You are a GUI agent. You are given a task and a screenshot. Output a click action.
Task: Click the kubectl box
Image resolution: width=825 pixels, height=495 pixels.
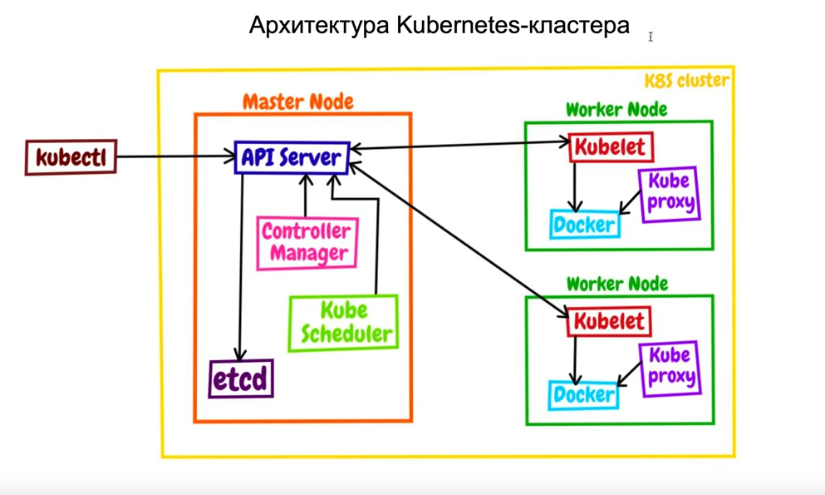[x=71, y=157]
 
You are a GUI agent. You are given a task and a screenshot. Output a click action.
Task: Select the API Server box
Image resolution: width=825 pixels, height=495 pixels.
[x=291, y=157]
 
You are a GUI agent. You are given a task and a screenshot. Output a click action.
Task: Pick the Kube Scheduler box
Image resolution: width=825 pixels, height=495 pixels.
[x=344, y=323]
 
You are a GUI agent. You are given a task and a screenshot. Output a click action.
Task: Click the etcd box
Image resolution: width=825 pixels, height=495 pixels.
[x=240, y=379]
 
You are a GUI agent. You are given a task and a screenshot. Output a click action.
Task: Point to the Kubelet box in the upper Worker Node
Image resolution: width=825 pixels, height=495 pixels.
[x=611, y=148]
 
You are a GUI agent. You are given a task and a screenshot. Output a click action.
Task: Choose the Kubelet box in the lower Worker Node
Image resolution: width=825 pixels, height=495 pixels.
[x=609, y=321]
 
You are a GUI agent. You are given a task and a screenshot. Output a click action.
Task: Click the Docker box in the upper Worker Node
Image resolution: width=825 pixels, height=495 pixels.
[x=585, y=224]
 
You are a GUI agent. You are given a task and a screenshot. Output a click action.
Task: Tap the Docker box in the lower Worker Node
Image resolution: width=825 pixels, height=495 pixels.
[x=584, y=394]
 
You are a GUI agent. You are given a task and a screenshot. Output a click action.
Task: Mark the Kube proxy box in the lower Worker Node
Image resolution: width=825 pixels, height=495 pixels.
[x=670, y=367]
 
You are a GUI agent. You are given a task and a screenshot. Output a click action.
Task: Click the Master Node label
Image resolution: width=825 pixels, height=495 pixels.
[x=298, y=101]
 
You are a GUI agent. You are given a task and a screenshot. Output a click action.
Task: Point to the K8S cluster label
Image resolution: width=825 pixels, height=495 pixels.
[x=687, y=81]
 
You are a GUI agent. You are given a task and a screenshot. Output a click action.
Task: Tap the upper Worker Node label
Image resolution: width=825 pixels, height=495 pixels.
[x=616, y=109]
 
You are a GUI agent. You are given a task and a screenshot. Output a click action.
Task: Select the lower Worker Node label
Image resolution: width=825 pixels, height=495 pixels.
[x=616, y=283]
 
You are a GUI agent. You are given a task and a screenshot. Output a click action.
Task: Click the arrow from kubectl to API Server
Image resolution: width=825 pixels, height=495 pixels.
[x=174, y=156]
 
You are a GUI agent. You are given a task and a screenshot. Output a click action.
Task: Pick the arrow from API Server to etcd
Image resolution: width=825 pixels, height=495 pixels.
[x=241, y=266]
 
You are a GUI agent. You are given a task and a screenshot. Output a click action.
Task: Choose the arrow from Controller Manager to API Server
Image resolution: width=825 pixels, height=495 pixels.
[x=305, y=196]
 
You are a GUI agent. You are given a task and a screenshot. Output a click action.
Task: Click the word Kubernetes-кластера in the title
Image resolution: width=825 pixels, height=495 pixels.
[x=513, y=26]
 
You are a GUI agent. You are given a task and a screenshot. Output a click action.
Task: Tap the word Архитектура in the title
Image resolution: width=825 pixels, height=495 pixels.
[x=319, y=26]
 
